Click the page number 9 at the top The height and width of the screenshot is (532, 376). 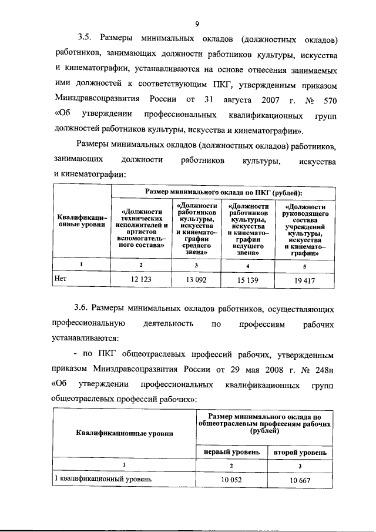(198, 24)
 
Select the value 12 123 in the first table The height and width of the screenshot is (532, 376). (141, 280)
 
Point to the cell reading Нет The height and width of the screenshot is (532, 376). (60, 280)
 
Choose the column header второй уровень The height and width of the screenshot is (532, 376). (300, 453)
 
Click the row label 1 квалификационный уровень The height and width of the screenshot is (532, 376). (103, 479)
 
